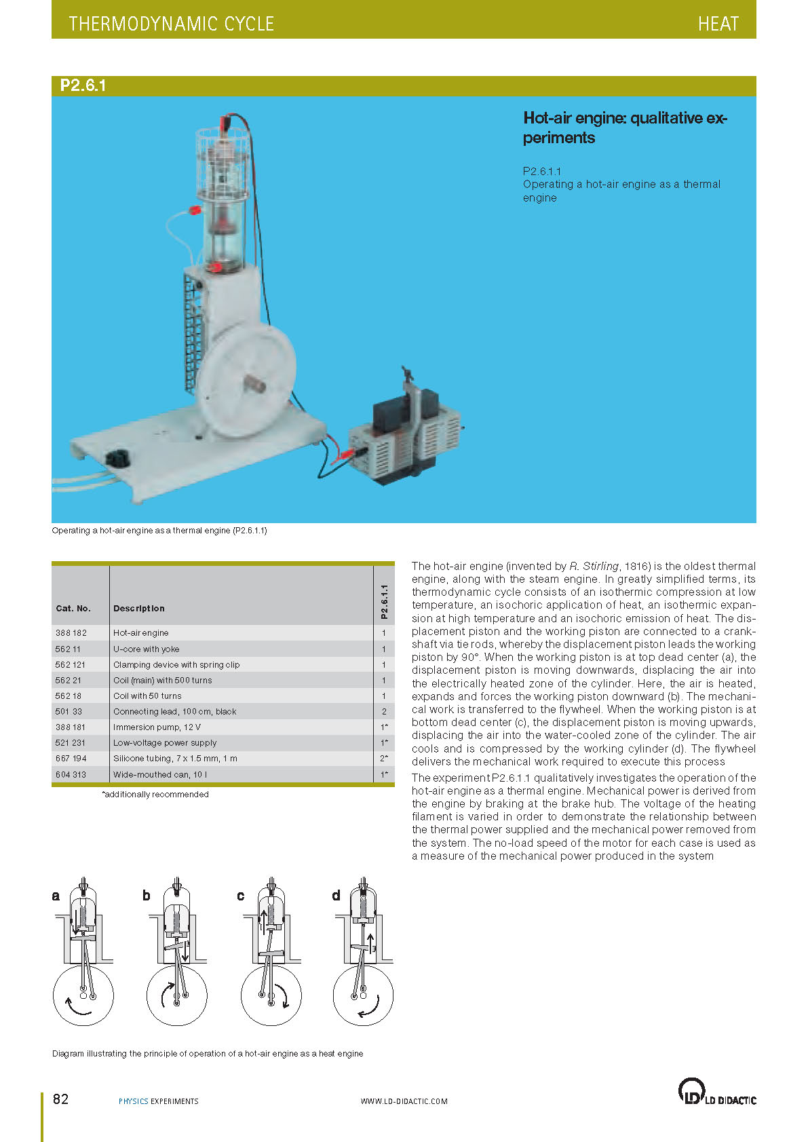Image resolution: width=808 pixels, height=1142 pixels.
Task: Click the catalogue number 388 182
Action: pos(71,632)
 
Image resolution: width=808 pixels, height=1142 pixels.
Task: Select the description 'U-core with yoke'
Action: pos(147,649)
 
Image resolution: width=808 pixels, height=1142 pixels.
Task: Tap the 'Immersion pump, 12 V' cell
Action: pos(157,727)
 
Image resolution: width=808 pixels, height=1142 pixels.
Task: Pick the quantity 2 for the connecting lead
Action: pos(384,711)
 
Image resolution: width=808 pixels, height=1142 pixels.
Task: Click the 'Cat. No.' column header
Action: pos(73,608)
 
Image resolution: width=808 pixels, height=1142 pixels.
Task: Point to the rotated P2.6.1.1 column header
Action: pos(384,601)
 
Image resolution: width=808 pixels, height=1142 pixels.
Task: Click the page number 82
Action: pos(60,1099)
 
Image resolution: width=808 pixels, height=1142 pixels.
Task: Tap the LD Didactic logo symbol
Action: pos(690,1091)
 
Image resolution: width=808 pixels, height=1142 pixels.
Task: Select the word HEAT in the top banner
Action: pos(718,24)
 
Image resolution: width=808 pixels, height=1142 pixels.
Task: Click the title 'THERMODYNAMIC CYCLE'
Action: pos(171,24)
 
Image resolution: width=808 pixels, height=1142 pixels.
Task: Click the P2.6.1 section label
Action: pos(83,85)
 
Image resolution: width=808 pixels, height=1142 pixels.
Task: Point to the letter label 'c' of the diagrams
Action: pos(240,896)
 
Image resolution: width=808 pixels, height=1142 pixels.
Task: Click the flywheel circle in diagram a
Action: pos(83,996)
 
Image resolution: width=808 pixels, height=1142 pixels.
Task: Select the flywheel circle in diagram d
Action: pos(363,996)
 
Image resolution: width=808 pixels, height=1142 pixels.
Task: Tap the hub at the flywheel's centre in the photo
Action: pos(254,383)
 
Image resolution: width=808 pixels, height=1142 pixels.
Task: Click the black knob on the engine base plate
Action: pos(119,458)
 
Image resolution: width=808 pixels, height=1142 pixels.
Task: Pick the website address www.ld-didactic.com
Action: pos(404,1101)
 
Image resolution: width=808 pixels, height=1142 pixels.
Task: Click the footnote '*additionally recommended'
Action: pos(155,794)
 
